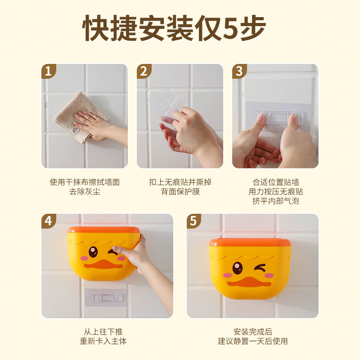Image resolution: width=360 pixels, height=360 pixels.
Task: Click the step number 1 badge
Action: (48, 71)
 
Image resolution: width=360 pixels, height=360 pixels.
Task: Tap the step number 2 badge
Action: (144, 71)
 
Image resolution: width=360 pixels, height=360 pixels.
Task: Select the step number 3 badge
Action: (239, 71)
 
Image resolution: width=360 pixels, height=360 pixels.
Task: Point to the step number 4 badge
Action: (48, 221)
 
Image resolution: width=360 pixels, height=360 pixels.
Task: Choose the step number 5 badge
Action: (193, 221)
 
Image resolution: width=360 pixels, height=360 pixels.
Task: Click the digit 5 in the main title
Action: (230, 28)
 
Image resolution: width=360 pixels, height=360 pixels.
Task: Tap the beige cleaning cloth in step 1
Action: (81, 117)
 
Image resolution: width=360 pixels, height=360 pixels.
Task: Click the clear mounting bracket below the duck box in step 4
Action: (106, 297)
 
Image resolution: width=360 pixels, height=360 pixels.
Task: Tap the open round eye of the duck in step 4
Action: (93, 252)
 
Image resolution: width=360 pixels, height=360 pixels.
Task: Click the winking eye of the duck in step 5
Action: (260, 268)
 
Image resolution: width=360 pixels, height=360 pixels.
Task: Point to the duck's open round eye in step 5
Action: (238, 268)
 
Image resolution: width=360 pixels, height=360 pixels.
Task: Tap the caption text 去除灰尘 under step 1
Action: (85, 192)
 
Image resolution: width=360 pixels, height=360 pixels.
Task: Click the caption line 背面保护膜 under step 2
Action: (180, 192)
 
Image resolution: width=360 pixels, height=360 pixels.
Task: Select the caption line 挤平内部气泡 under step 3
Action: (276, 201)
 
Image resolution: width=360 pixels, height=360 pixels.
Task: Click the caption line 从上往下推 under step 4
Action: (103, 332)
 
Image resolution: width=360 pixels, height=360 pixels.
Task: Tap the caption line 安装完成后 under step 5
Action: (253, 332)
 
